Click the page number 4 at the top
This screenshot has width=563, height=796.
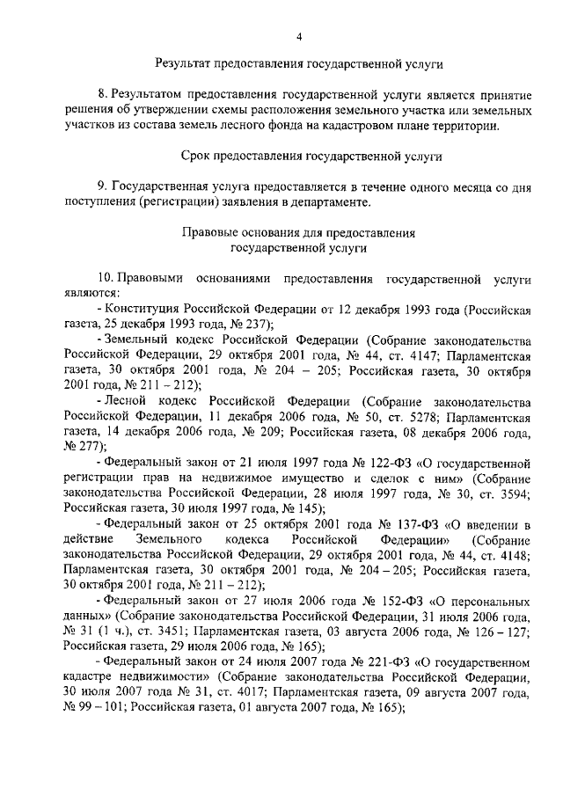point(298,36)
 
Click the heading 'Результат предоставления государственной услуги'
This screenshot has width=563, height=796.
point(298,64)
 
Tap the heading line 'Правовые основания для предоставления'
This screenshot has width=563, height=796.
point(298,233)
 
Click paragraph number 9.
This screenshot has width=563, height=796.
point(102,186)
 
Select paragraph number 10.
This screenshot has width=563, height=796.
point(105,279)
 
